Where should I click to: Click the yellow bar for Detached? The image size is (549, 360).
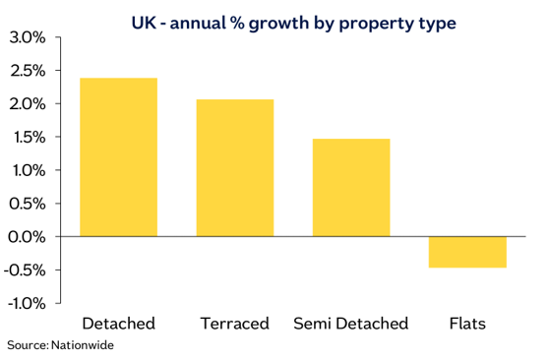[x=118, y=157]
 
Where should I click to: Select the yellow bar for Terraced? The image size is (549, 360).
[x=235, y=168]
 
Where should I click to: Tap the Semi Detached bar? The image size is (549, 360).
[x=351, y=188]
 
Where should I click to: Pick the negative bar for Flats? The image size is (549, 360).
[x=467, y=252]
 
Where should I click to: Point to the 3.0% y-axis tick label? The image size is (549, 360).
[x=27, y=37]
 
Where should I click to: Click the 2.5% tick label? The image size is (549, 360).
[x=27, y=71]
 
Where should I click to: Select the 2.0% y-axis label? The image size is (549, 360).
[x=27, y=104]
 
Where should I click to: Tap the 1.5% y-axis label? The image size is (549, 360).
[x=27, y=138]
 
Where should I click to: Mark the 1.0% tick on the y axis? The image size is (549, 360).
[x=27, y=170]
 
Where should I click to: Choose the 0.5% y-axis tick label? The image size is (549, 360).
[x=27, y=204]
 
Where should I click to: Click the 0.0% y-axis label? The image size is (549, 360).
[x=27, y=237]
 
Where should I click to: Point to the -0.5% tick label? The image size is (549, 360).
[x=25, y=270]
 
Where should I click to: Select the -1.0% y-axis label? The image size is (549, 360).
[x=25, y=303]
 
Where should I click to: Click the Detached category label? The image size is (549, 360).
[x=119, y=324]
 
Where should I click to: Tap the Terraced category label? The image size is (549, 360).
[x=235, y=324]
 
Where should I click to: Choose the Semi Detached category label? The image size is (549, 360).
[x=351, y=324]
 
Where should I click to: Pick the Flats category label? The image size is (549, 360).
[x=467, y=324]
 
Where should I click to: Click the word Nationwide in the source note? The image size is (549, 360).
[x=93, y=346]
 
